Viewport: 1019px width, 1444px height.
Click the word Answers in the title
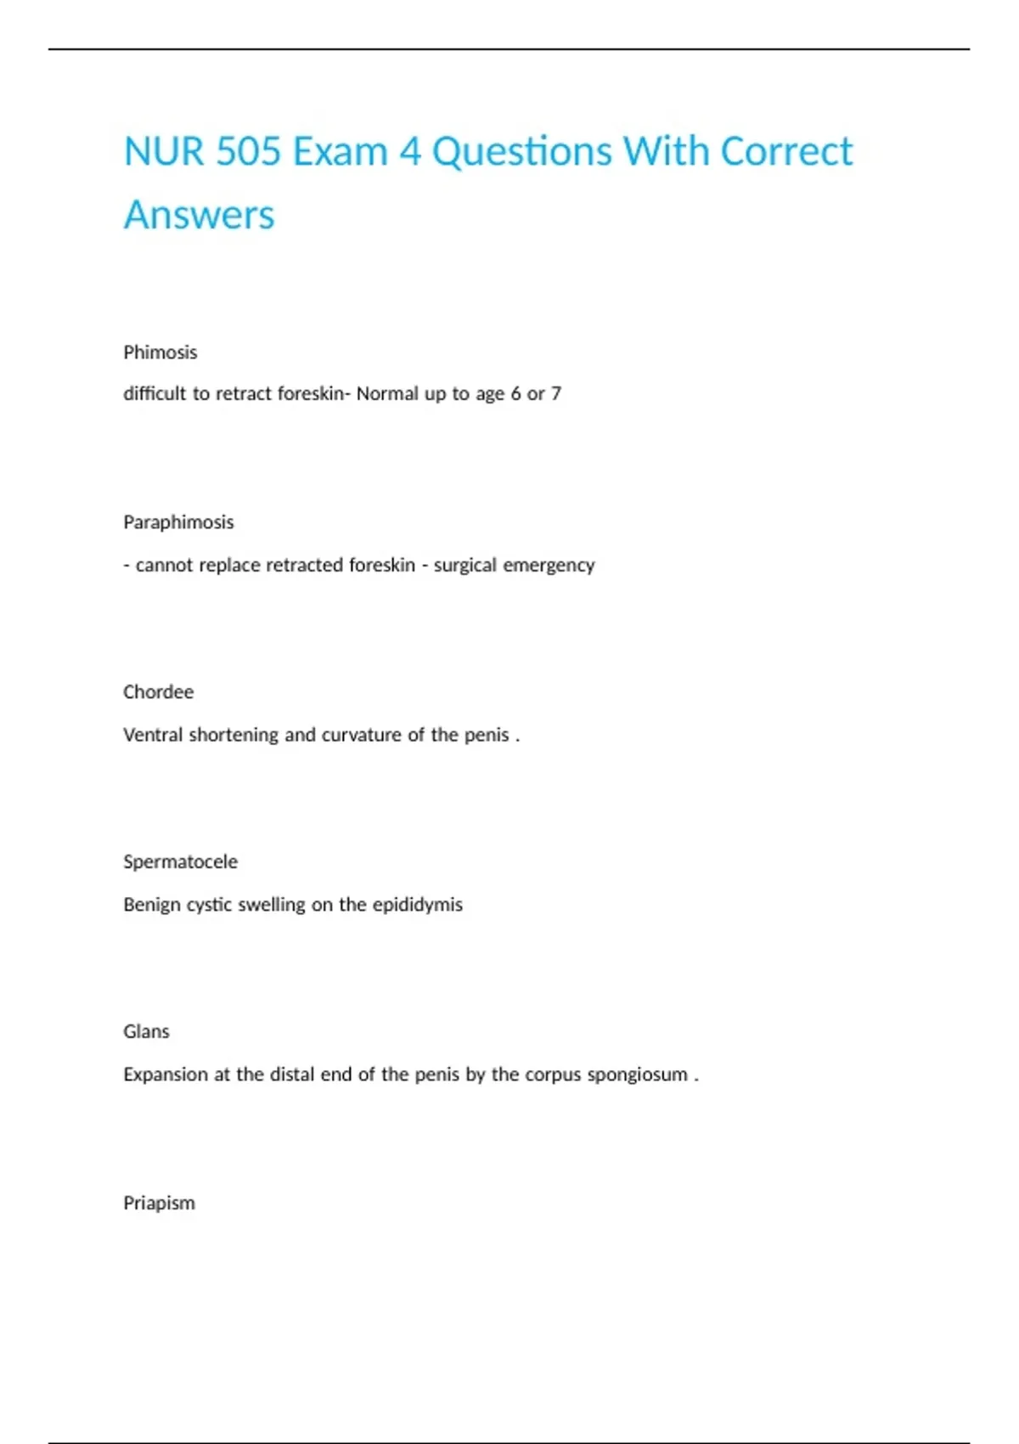click(200, 215)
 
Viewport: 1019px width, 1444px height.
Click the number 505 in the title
click(248, 152)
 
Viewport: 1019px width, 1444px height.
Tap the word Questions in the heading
click(522, 152)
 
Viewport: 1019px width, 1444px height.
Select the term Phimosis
click(160, 353)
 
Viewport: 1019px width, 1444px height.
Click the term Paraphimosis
click(178, 522)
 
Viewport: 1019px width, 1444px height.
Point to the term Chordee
click(159, 692)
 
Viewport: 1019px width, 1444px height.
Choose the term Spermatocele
click(181, 862)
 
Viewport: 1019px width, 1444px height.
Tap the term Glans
click(147, 1032)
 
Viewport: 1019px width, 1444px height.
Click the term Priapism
click(160, 1203)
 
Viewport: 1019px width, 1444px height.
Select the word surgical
click(464, 565)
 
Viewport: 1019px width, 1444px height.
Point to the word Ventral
click(152, 735)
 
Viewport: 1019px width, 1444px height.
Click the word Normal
click(387, 394)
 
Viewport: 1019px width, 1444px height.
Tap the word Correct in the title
click(786, 152)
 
